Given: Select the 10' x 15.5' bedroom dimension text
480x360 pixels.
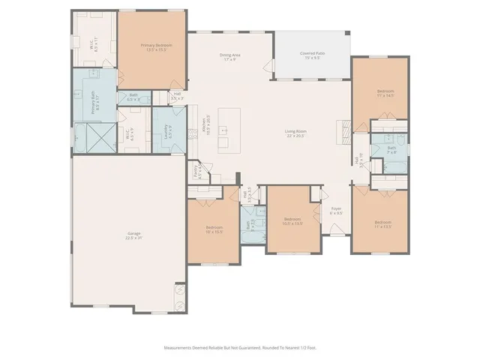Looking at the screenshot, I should tap(213, 231).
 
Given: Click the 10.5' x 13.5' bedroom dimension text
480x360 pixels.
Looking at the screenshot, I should tap(292, 223).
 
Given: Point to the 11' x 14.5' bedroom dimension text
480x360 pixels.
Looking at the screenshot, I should tap(385, 96).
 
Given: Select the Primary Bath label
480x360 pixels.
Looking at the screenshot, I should tap(94, 101).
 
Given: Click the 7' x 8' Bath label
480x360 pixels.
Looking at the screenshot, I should tap(391, 148).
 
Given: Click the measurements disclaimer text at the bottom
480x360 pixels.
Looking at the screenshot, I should tap(239, 347).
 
